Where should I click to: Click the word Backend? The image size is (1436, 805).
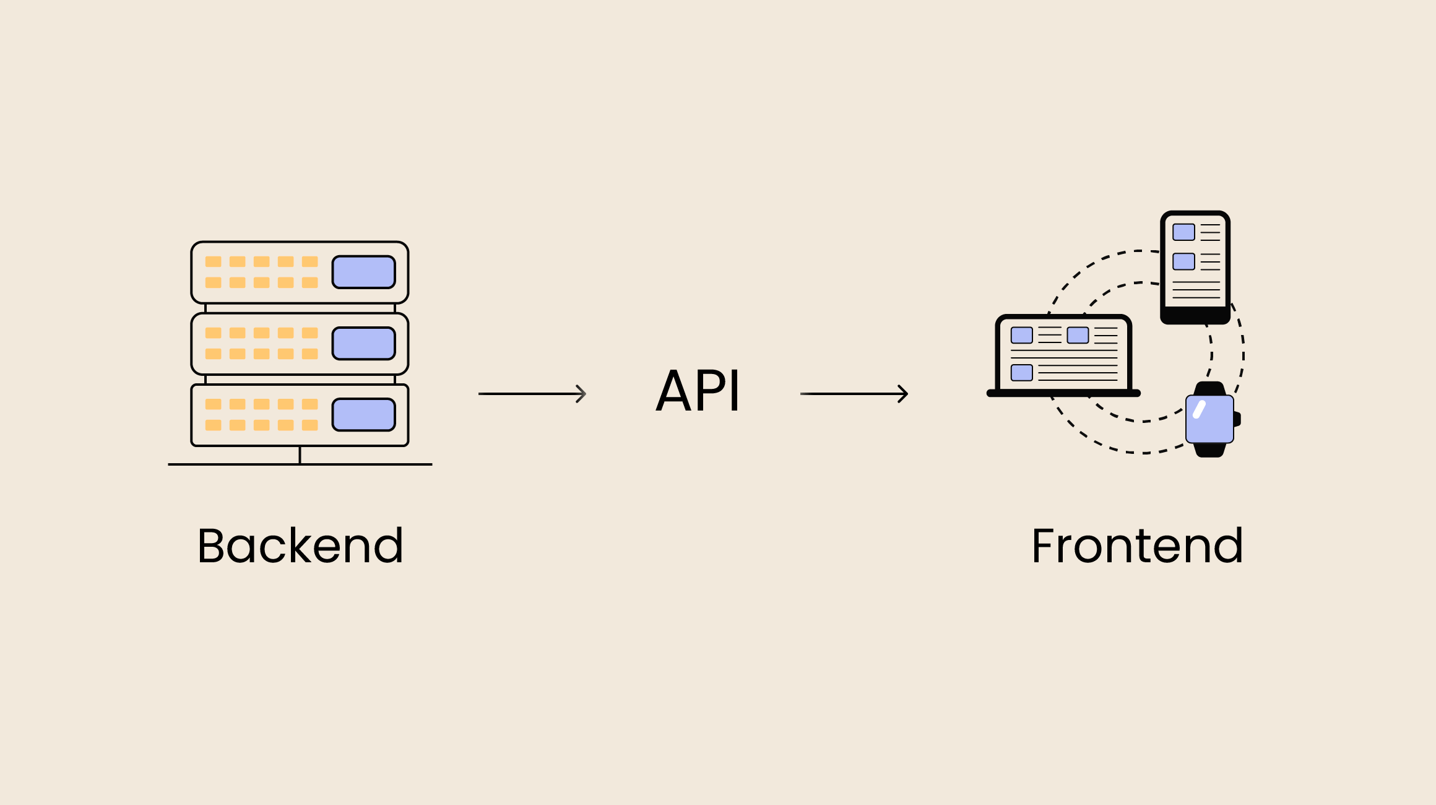coord(300,546)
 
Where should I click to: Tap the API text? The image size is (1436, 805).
coord(698,391)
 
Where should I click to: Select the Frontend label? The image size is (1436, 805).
coord(1137,546)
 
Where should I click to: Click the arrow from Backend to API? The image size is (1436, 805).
coord(532,393)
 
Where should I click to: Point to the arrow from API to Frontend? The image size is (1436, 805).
coord(854,393)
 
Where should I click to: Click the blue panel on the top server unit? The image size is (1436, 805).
coord(363,272)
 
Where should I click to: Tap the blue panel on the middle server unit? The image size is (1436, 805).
coord(363,343)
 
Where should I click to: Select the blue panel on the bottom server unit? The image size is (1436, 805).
coord(363,414)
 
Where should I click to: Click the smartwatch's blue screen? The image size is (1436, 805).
coord(1209,419)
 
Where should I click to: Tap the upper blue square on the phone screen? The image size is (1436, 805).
coord(1183,232)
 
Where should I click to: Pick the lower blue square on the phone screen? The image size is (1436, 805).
coord(1183,261)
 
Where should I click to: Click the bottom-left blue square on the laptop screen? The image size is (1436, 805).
coord(1021,372)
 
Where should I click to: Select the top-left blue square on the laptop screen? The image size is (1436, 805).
coord(1021,335)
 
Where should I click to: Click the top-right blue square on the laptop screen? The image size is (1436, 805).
coord(1078,335)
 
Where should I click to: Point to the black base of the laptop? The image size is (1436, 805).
coord(1063,393)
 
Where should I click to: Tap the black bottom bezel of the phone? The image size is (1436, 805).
coord(1195,316)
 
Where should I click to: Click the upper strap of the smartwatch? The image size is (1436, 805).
coord(1209,388)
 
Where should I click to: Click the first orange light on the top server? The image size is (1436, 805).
coord(213,261)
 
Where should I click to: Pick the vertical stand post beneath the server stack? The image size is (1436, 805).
coord(300,455)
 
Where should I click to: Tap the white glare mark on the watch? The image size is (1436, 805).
coord(1200,409)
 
